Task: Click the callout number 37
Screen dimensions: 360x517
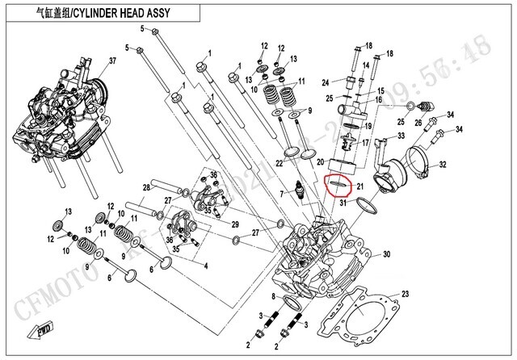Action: [112, 61]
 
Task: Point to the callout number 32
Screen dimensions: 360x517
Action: [443, 165]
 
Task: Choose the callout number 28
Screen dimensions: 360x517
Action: [146, 188]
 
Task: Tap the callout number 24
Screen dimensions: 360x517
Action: [326, 82]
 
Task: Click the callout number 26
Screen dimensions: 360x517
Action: [418, 123]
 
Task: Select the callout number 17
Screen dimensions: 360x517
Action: [365, 142]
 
